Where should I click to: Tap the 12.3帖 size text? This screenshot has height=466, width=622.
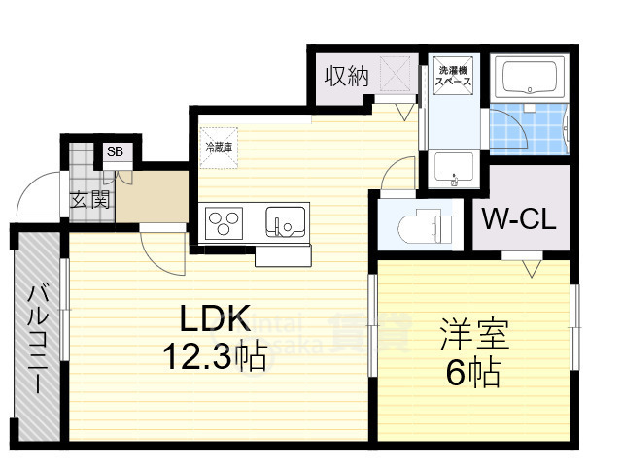click(x=216, y=358)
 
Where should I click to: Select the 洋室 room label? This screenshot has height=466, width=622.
click(x=473, y=335)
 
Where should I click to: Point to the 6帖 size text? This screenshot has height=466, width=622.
click(x=473, y=372)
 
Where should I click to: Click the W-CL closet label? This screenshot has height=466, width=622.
click(x=520, y=218)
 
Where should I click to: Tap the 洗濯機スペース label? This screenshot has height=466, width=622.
click(x=454, y=77)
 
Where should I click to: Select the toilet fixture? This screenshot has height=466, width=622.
click(x=421, y=226)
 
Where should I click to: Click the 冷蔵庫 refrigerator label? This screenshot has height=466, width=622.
click(x=219, y=148)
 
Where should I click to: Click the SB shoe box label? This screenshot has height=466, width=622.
click(x=115, y=152)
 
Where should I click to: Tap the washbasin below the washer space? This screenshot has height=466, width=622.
click(x=454, y=168)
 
